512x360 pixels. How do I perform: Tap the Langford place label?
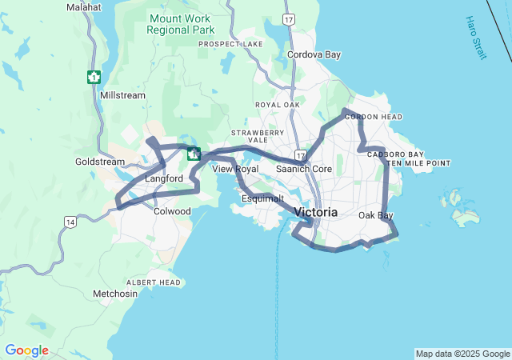(x=164, y=178)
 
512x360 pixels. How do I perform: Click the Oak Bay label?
(x=375, y=215)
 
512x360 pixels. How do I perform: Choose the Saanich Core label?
(x=303, y=169)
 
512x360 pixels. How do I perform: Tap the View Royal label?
(x=235, y=169)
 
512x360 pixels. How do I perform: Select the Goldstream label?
(x=96, y=161)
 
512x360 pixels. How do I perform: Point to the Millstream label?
(x=123, y=95)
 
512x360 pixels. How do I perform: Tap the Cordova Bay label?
(x=314, y=55)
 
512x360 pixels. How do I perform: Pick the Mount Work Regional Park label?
(x=181, y=23)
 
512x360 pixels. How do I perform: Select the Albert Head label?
(x=153, y=282)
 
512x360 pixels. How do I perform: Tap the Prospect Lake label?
(x=230, y=44)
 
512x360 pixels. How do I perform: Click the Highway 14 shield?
(x=70, y=221)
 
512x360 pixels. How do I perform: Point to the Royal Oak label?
(x=277, y=105)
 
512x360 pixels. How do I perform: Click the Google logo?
(x=26, y=350)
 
